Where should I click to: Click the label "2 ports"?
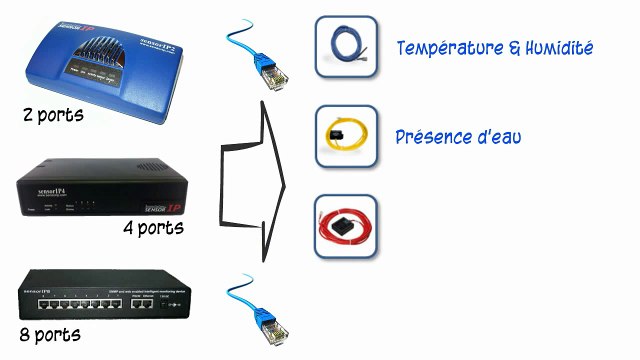53,116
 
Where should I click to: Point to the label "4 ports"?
153,229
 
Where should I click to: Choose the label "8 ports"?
51,333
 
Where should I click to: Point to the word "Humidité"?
558,48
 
